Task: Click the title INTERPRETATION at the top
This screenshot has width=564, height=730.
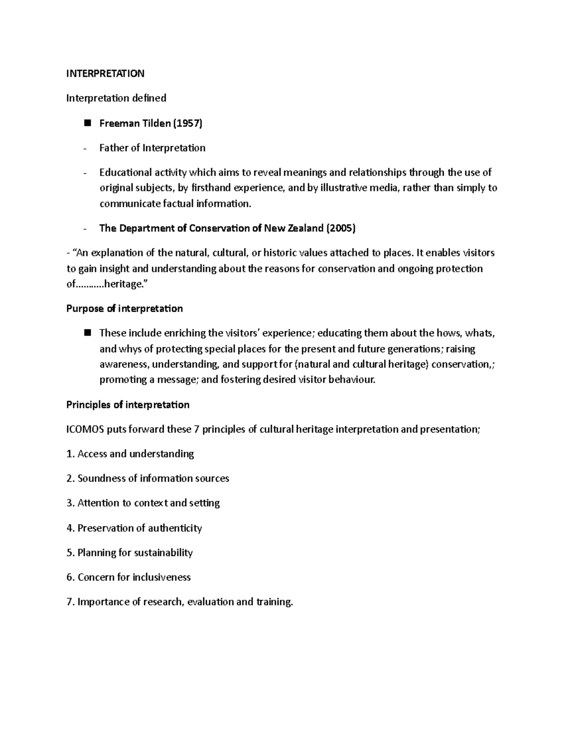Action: coord(105,73)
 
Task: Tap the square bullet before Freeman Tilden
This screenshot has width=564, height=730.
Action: coord(87,123)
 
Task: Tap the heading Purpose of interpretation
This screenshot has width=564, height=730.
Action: coord(125,309)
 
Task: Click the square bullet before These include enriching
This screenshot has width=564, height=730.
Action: coord(87,333)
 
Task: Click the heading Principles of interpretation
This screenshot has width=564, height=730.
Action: coord(128,405)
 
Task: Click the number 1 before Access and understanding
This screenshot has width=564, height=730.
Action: coord(69,454)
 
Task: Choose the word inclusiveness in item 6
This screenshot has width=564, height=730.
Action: coord(161,577)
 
